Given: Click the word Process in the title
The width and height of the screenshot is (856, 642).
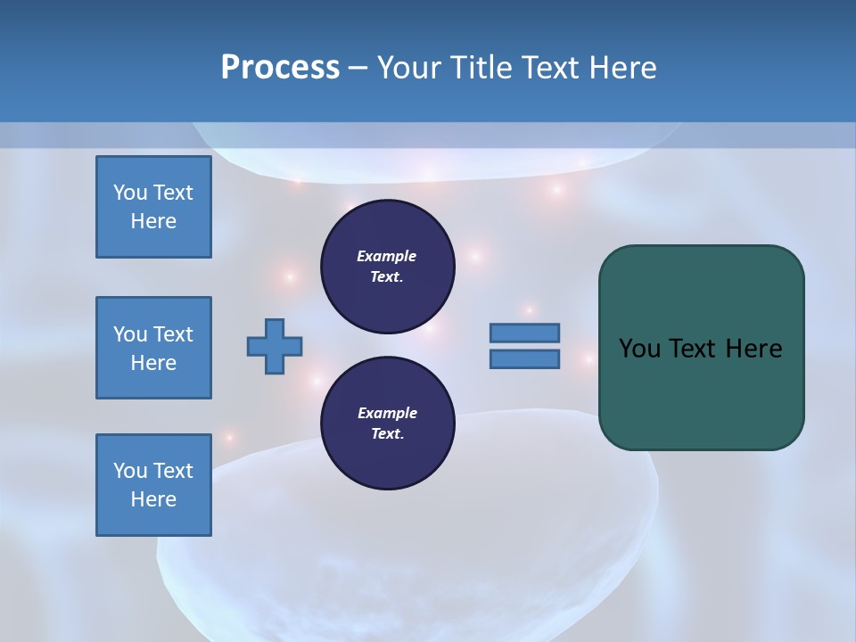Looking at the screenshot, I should pos(280,68).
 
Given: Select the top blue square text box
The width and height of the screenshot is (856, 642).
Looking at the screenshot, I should pos(153,207).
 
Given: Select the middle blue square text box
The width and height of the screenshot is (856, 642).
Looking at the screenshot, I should pos(153,348).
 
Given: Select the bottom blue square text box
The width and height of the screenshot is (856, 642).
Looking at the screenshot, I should pos(153,485).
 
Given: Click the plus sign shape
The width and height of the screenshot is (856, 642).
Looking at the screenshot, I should pos(275,347).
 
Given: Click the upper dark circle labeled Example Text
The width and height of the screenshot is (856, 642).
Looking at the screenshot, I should pos(388,267).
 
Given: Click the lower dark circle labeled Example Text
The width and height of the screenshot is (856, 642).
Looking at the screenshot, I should pos(388,424).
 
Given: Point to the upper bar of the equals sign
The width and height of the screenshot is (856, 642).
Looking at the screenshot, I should pos(524,333).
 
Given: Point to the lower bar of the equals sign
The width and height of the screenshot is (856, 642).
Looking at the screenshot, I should pos(524,359).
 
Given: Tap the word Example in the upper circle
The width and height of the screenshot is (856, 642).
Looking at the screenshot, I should pos(387,256).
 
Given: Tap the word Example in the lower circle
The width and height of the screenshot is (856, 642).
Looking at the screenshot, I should pos(387,413).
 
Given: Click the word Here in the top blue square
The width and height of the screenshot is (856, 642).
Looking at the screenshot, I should pos(153,221).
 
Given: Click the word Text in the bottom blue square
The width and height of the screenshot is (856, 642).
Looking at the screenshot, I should pos(172,471).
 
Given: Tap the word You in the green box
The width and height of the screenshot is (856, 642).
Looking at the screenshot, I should pos(639,349).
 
